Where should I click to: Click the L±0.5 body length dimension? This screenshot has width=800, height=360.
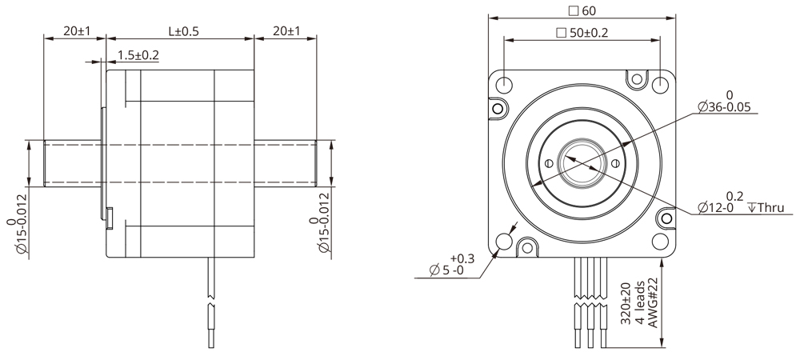coord(183,31)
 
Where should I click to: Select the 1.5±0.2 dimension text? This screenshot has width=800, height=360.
coord(138,55)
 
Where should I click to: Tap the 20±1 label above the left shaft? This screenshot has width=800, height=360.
coord(77,31)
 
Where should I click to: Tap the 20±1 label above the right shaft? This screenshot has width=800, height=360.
coord(286,31)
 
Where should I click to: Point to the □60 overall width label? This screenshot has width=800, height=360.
coord(581,10)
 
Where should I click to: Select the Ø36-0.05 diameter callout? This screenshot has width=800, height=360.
coord(726,106)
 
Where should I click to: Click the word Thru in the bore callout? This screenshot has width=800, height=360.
coord(772,207)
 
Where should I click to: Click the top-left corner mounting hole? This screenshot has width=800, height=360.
coord(506,84)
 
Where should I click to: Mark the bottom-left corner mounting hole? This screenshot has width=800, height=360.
coord(506,242)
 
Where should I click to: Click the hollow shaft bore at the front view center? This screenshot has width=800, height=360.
coord(582,162)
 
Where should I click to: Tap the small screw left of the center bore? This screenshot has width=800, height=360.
coord(548,163)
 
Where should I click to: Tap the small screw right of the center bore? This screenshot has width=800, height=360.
coord(617,163)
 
